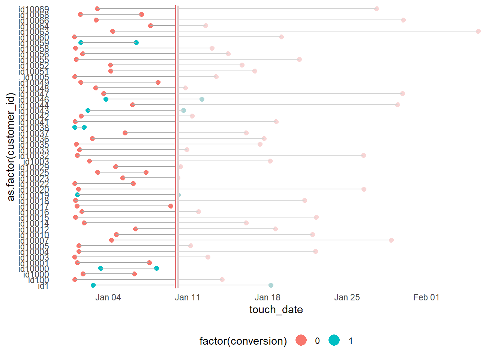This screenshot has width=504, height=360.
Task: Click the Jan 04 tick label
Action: click(108, 297)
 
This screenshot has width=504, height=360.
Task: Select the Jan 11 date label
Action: click(187, 297)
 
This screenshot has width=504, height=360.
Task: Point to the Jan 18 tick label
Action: click(267, 297)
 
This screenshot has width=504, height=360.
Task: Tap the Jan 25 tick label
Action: click(347, 297)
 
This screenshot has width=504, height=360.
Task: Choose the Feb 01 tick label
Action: click(426, 297)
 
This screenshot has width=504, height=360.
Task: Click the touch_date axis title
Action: click(276, 310)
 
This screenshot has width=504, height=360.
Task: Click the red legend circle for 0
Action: click(301, 340)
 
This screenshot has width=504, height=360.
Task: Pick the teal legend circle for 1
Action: click(334, 340)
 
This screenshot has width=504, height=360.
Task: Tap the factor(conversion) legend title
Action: click(243, 341)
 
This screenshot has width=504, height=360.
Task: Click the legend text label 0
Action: click(317, 341)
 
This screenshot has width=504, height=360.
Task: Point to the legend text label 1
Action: click(351, 341)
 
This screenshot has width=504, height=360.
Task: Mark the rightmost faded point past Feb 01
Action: click(478, 31)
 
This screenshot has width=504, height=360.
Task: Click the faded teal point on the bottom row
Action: click(271, 285)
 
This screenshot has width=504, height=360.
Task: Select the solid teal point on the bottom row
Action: click(93, 285)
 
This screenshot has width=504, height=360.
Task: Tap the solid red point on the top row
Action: click(97, 9)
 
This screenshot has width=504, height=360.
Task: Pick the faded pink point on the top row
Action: click(376, 9)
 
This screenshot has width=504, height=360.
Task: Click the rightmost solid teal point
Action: click(156, 268)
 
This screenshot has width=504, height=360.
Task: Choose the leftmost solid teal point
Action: click(75, 127)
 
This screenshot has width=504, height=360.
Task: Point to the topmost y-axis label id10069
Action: click(34, 9)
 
